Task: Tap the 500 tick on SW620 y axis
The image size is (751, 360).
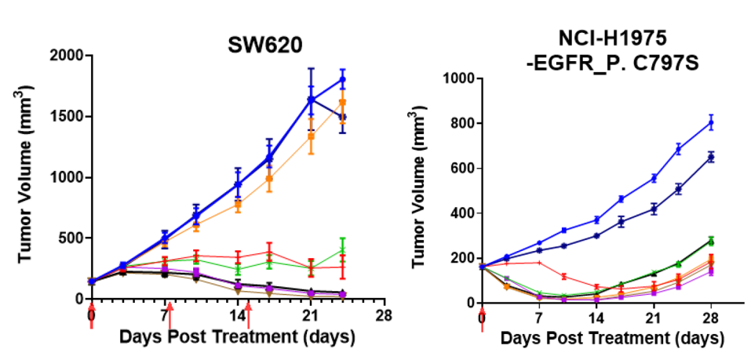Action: [74, 238]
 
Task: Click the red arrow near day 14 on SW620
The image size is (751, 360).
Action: [248, 316]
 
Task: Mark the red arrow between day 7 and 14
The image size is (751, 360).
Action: [170, 316]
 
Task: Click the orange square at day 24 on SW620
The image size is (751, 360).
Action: [342, 103]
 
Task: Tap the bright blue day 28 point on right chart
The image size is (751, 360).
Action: [712, 122]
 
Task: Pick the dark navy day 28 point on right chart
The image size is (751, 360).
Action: [712, 157]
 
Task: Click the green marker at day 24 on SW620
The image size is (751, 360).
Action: [342, 249]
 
